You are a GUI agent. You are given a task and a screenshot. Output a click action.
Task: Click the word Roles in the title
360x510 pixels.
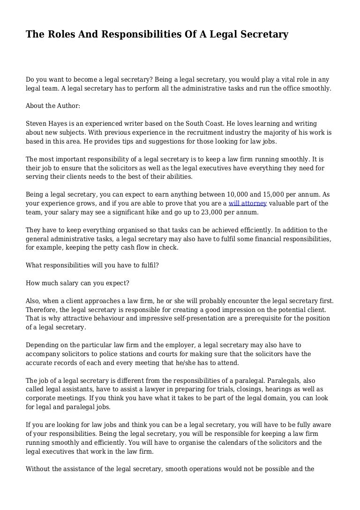coord(60,34)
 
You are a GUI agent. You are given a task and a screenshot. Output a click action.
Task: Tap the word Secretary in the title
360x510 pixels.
coord(262,34)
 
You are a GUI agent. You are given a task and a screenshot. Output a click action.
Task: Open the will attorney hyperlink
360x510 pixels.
coord(247,203)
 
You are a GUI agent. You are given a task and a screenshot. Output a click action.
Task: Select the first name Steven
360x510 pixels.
coord(36,124)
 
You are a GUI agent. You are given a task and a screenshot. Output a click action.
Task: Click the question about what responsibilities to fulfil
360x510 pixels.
coord(92,265)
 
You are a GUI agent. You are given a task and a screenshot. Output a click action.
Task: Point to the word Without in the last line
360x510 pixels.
coord(39,469)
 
